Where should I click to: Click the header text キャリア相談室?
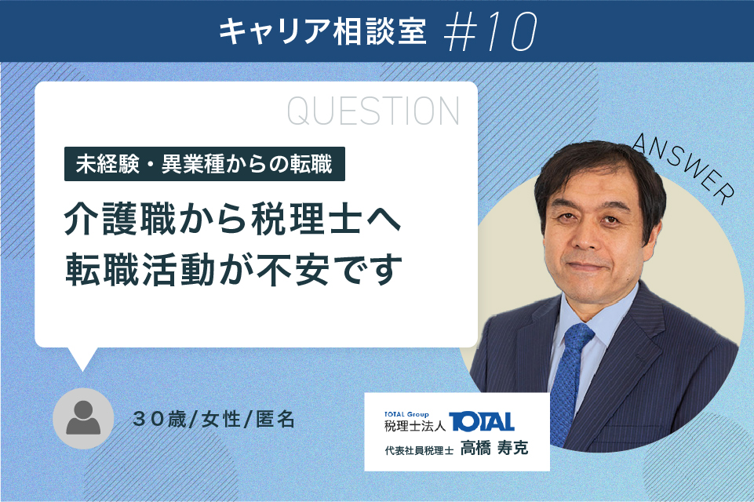(322, 31)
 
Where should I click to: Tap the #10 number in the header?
(490, 31)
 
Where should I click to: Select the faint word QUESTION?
(373, 111)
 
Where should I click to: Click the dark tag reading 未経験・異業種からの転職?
(204, 164)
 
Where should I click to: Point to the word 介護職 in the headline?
(120, 220)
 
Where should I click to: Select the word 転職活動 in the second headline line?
(140, 270)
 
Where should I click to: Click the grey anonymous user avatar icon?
(83, 418)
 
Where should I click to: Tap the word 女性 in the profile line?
(220, 420)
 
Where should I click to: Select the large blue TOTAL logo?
(481, 422)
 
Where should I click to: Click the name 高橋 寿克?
(494, 448)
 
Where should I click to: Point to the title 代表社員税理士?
(419, 450)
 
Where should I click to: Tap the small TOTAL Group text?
(406, 414)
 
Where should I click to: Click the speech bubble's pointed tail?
(82, 358)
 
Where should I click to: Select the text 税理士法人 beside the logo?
(414, 426)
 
